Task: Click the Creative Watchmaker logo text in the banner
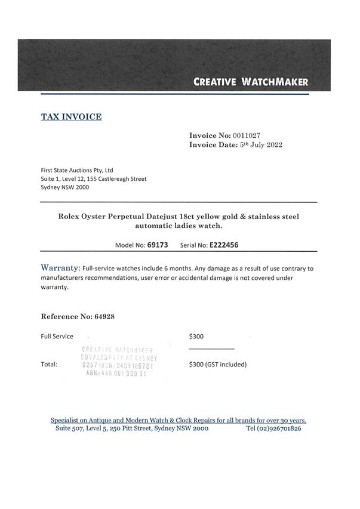point(251,82)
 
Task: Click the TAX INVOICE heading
point(71,117)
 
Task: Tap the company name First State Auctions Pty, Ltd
point(77,170)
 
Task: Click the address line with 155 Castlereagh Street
point(93,178)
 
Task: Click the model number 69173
point(158,245)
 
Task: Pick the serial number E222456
point(223,245)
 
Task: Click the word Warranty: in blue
point(60,268)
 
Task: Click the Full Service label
point(57,337)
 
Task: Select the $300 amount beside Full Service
point(196,337)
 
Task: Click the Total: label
point(49,364)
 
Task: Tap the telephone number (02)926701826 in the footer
point(273,428)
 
